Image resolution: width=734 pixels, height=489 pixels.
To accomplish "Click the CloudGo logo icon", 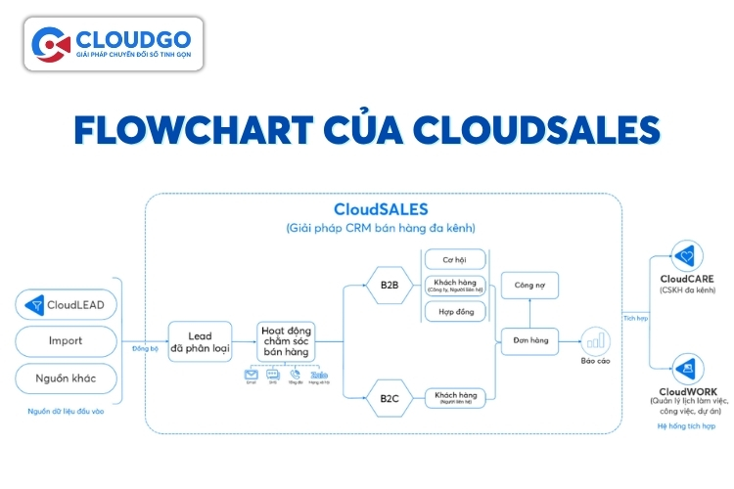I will (50, 44).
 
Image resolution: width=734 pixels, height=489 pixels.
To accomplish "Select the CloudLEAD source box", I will (68, 305).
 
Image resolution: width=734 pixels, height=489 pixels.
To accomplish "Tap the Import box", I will (68, 341).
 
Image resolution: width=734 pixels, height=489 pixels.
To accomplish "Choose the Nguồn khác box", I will (68, 378).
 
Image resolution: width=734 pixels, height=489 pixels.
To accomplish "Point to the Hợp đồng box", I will (454, 311).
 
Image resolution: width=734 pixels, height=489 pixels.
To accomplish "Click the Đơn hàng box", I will (529, 341).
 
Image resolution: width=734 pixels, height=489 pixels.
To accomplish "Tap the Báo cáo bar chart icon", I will (595, 340).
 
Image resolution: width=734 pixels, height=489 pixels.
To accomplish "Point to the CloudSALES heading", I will (381, 209).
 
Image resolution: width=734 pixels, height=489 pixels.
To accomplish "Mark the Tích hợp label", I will (635, 318).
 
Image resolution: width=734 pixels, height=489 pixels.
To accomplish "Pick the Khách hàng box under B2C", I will (454, 397).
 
